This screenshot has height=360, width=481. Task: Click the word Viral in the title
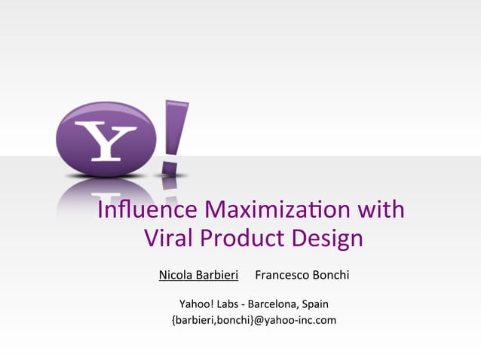[168, 239]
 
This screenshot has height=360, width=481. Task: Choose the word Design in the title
[326, 239]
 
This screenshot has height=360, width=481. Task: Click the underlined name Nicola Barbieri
[198, 275]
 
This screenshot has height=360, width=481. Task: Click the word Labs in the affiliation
[228, 304]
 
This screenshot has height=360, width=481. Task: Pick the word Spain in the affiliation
[314, 304]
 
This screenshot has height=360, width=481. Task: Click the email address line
[253, 320]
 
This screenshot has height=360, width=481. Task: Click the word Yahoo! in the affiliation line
[196, 304]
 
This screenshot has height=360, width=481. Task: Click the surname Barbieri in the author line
[217, 275]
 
